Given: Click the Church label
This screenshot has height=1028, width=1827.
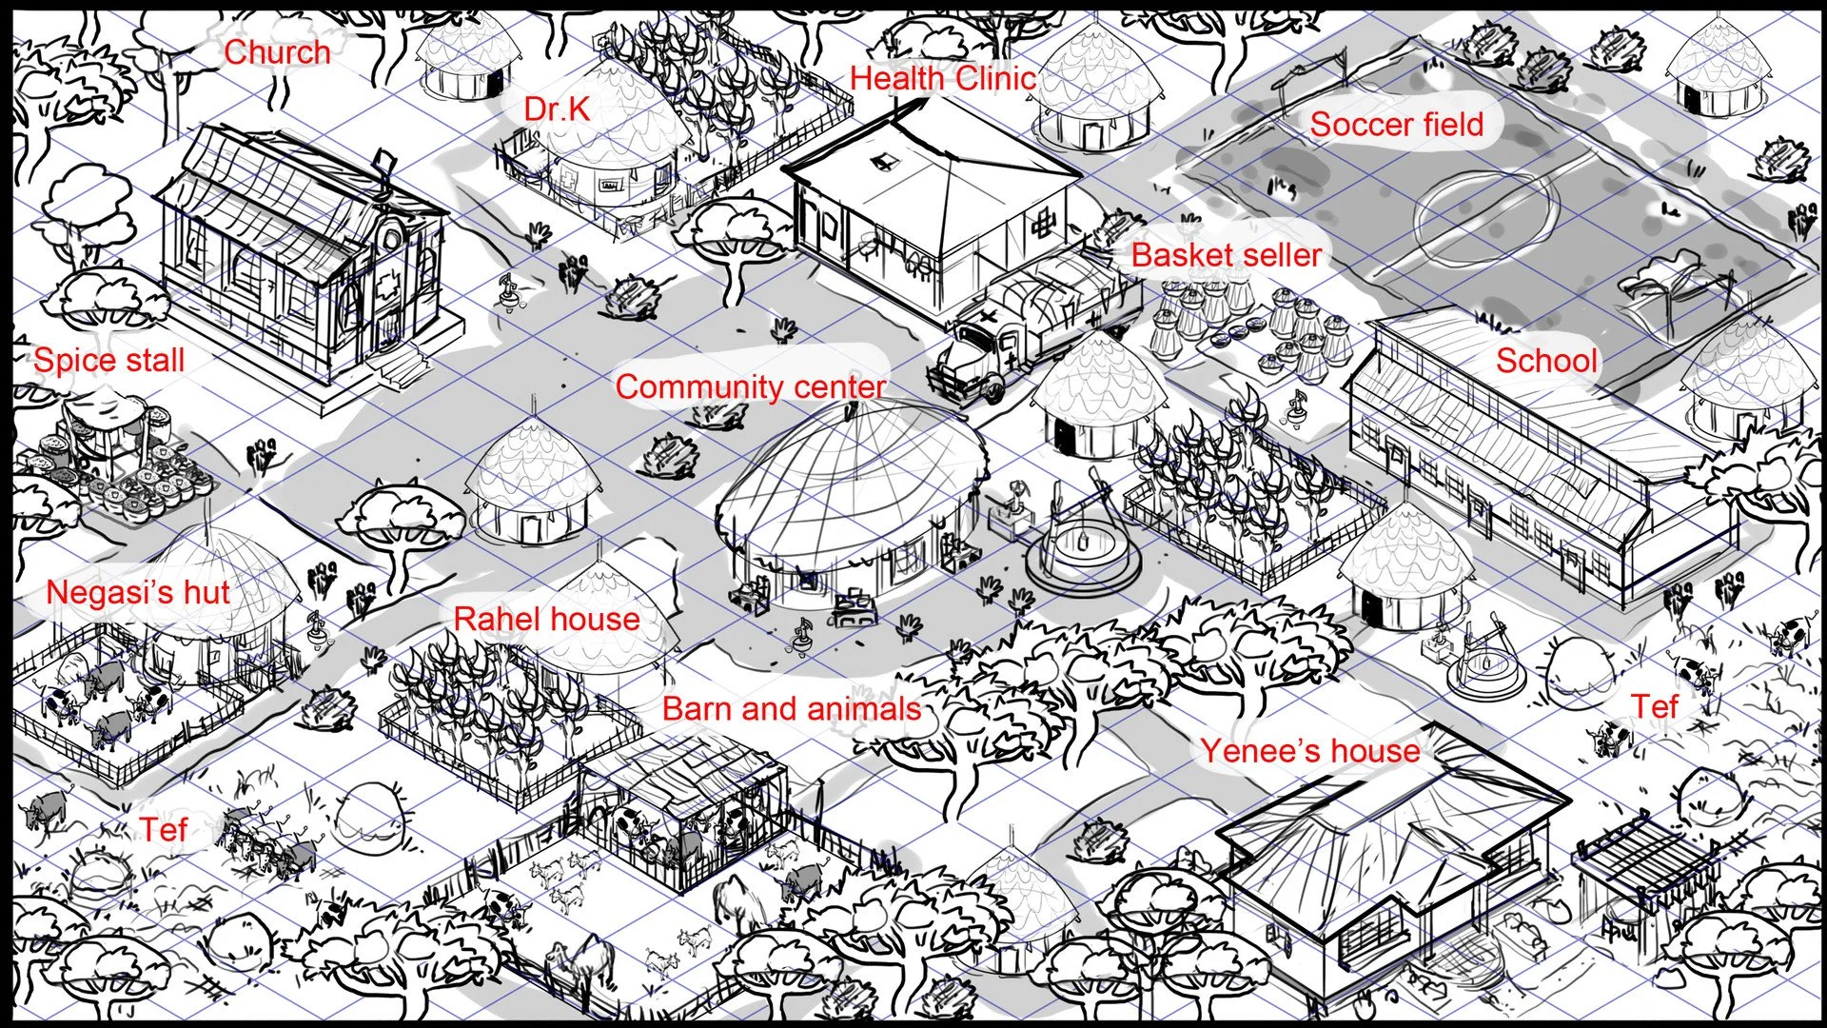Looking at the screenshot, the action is (x=277, y=52).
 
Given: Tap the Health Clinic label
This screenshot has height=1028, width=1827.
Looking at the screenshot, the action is (x=942, y=78).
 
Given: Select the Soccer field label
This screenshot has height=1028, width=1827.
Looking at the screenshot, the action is (x=1396, y=124).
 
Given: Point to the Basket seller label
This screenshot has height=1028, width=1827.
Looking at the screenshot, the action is (x=1226, y=255).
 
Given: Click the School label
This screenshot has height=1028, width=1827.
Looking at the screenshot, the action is (x=1546, y=361).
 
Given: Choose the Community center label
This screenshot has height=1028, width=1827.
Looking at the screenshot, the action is (x=751, y=386).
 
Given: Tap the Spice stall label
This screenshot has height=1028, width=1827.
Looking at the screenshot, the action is (x=109, y=360).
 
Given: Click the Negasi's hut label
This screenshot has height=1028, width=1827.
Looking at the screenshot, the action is (x=138, y=592).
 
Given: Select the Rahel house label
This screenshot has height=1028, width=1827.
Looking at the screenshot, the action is (x=546, y=619).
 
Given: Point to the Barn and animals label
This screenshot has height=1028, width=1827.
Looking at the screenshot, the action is (x=792, y=708).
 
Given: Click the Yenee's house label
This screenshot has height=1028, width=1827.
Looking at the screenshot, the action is (x=1309, y=750).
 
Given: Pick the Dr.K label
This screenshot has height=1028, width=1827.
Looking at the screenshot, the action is (x=557, y=109).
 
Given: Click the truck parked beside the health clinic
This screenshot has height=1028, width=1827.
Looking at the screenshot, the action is (x=1032, y=324).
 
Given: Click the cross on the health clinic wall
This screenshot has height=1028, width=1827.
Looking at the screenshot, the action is (x=1044, y=224).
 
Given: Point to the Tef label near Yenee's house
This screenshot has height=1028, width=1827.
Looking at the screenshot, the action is (x=1655, y=706).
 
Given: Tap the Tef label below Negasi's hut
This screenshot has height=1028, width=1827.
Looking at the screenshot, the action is (x=164, y=829).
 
